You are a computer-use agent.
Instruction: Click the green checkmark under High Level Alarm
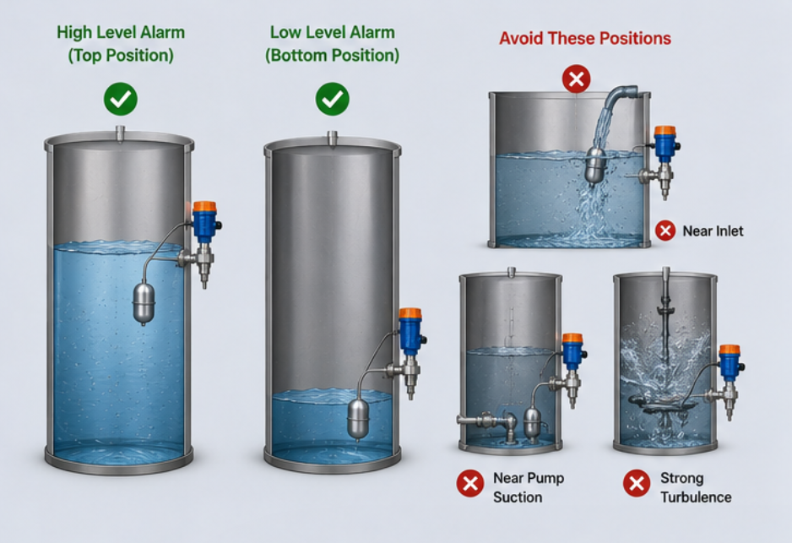click(121, 99)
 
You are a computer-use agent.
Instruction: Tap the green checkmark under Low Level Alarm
click(333, 99)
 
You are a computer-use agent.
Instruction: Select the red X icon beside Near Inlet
click(665, 231)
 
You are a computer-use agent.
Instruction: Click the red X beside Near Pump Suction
click(470, 483)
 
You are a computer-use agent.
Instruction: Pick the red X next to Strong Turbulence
click(637, 483)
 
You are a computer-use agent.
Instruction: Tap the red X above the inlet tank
click(577, 79)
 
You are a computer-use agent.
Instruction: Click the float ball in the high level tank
click(144, 303)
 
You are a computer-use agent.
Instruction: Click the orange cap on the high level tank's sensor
click(204, 207)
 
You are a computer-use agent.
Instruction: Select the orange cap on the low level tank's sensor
click(410, 313)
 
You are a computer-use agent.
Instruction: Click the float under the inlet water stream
click(595, 166)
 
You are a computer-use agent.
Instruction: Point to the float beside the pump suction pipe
click(532, 422)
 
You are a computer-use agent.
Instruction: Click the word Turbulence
click(696, 497)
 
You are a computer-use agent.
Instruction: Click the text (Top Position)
click(121, 55)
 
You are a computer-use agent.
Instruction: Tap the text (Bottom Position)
click(333, 55)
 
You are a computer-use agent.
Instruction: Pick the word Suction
click(518, 497)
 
